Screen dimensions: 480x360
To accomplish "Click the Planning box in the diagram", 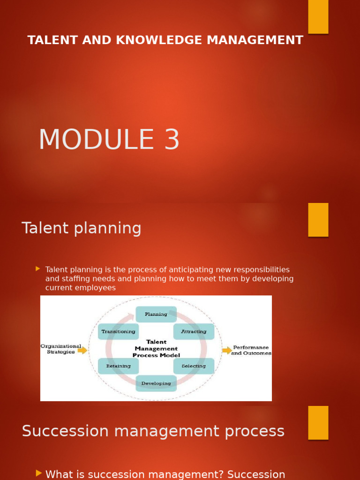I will click(156, 314).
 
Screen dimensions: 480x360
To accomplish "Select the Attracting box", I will click(194, 331).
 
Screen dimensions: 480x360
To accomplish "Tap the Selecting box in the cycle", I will click(194, 366).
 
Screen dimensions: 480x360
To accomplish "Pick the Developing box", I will click(156, 383).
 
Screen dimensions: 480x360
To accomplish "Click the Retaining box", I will click(118, 366).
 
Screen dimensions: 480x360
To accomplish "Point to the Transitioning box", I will click(118, 331).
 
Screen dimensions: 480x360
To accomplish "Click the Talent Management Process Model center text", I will click(156, 349).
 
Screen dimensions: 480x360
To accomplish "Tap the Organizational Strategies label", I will click(60, 349).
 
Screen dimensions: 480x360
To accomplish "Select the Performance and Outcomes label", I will click(251, 350).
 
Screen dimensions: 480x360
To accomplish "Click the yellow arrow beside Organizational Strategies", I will click(82, 350).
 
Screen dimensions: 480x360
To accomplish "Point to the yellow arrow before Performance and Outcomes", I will click(227, 350).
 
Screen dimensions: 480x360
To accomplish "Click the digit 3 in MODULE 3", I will click(172, 140).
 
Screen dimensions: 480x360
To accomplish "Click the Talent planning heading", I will click(82, 228).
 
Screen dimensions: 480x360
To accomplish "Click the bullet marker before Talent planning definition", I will click(37, 269).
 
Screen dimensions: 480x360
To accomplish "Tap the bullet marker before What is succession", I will click(39, 473).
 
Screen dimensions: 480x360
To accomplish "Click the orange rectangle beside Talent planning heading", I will click(318, 220).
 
